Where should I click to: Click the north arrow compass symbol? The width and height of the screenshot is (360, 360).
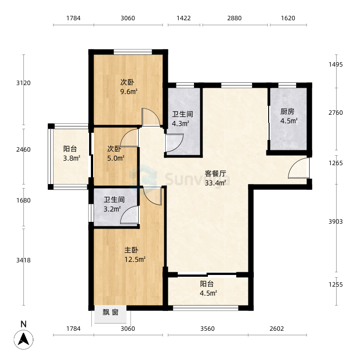click(x=23, y=340)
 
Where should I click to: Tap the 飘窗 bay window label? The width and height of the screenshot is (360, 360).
click(x=110, y=312)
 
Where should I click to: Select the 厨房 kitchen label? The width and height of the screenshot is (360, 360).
click(x=287, y=112)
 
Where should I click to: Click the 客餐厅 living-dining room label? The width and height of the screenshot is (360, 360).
click(x=216, y=173)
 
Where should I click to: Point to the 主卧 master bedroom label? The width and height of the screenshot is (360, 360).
click(x=131, y=250)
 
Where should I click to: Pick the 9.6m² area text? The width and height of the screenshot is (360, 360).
click(x=129, y=92)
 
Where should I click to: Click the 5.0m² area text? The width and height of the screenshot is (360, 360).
click(x=116, y=158)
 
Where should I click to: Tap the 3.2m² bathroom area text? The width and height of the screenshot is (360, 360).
click(x=112, y=209)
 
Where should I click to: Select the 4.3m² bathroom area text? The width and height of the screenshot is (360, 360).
click(x=181, y=123)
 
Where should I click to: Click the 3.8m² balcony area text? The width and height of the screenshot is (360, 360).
click(x=72, y=158)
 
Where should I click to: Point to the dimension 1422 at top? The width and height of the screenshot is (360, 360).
click(x=184, y=18)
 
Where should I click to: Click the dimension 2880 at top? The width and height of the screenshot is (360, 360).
click(x=234, y=18)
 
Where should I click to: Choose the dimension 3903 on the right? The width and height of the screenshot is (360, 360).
click(x=336, y=221)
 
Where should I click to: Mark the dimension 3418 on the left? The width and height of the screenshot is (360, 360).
click(x=23, y=261)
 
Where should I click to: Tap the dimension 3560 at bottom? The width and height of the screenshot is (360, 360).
click(x=207, y=329)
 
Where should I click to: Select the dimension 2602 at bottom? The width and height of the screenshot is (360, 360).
click(x=277, y=329)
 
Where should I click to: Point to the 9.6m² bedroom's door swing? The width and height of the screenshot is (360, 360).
click(x=151, y=117)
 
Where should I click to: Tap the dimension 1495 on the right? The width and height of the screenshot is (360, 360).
click(x=336, y=64)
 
